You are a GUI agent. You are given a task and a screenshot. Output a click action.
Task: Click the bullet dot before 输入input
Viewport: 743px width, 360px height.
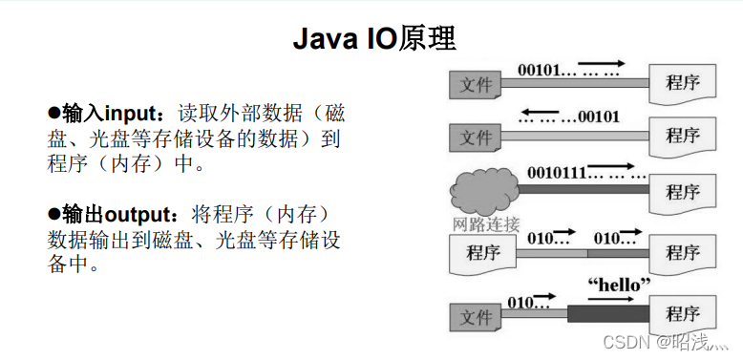pyautogui.click(x=54, y=114)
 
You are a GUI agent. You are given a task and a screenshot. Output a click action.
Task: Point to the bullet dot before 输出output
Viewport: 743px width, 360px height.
pyautogui.click(x=54, y=213)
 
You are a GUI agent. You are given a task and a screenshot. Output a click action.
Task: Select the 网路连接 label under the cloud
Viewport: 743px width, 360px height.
pyautogui.click(x=485, y=225)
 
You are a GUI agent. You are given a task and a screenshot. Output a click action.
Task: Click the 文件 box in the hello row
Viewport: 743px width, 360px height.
pyautogui.click(x=476, y=316)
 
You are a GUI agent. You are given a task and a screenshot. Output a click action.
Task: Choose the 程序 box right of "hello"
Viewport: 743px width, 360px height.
pyautogui.click(x=683, y=314)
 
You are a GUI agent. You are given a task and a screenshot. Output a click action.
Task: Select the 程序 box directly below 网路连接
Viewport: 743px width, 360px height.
pyautogui.click(x=483, y=253)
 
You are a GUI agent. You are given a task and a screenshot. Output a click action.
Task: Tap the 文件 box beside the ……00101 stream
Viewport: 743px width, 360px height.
pyautogui.click(x=476, y=137)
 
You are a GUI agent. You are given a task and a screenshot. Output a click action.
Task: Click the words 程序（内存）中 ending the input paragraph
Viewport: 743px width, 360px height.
pyautogui.click(x=128, y=163)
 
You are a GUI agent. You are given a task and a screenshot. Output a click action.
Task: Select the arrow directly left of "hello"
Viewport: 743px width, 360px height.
pyautogui.click(x=543, y=297)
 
